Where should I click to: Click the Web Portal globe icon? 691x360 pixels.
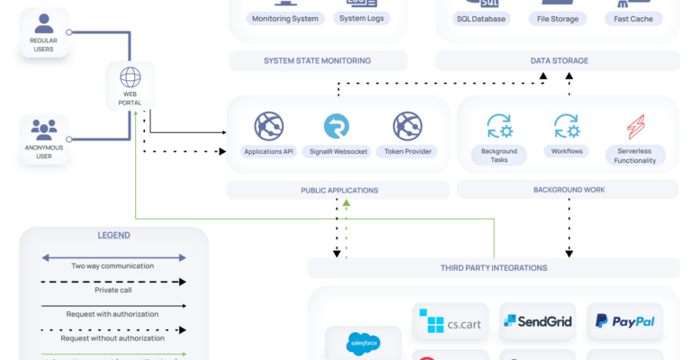point(130,77)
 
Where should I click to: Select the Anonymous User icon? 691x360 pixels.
point(42,130)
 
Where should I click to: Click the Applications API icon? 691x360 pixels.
point(269,125)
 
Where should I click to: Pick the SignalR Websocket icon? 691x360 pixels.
point(337,125)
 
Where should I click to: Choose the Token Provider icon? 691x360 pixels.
point(407,125)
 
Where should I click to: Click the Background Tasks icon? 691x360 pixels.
point(499,125)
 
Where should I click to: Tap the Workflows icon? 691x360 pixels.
point(566,125)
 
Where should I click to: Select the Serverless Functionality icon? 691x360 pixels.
point(635,125)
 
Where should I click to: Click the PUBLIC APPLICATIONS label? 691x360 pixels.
point(339,191)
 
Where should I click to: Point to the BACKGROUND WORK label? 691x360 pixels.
point(568,191)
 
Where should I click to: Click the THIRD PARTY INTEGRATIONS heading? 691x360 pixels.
point(494,268)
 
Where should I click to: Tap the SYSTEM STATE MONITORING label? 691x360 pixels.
point(317,61)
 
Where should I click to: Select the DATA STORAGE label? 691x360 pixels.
point(559,61)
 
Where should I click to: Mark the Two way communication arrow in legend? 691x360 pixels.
point(113,257)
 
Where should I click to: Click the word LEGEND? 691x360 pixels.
point(113,236)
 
